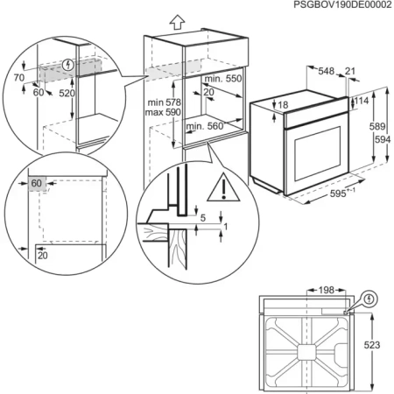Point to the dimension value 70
20,77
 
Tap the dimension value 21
351,72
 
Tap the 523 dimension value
373,345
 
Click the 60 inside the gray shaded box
37,183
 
